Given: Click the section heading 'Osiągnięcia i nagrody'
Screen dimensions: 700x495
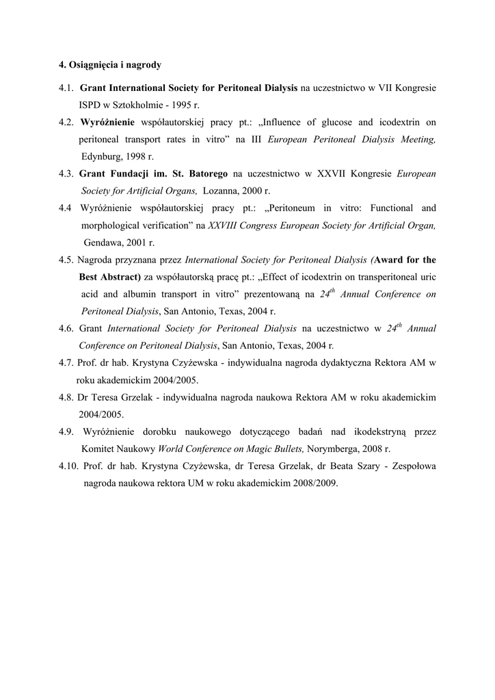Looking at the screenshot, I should pyautogui.click(x=114, y=66).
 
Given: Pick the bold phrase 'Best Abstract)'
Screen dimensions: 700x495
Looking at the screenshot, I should pyautogui.click(x=110, y=276).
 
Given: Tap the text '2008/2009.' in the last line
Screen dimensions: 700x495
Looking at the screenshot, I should pyautogui.click(x=316, y=483).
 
